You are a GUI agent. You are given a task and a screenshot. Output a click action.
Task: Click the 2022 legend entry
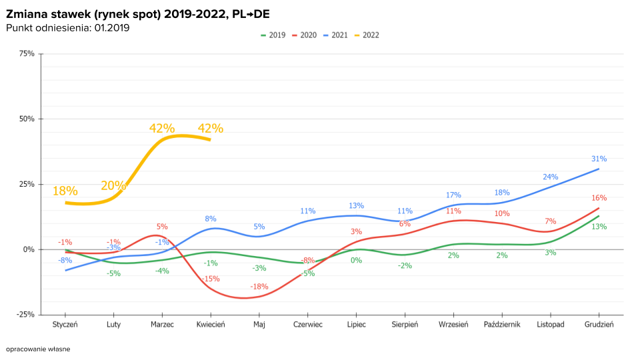tap(367, 35)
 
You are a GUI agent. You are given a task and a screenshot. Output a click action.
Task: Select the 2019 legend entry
tap(273, 35)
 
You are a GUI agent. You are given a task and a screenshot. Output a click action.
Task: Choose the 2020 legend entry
tap(304, 35)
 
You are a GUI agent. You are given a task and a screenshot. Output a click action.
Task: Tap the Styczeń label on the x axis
tap(65, 325)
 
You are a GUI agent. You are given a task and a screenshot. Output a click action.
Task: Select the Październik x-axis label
tap(502, 325)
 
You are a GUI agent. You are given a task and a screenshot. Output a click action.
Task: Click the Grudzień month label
tap(599, 325)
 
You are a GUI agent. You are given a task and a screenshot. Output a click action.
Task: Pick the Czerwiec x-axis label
tap(307, 325)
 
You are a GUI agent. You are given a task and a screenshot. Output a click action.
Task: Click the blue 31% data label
tap(599, 159)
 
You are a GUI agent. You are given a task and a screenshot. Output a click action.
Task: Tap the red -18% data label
tap(259, 287)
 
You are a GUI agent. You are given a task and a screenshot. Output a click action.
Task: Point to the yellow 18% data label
tap(65, 191)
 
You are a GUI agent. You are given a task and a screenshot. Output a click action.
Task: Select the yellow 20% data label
tap(113, 185)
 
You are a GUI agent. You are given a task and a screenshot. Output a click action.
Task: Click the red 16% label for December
tap(599, 198)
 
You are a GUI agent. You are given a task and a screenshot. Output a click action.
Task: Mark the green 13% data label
tap(599, 227)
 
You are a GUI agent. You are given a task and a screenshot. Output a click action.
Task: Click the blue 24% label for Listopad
tap(550, 177)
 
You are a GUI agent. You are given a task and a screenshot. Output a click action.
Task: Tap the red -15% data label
tap(211, 279)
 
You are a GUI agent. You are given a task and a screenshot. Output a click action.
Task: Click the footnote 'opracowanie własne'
tap(38, 349)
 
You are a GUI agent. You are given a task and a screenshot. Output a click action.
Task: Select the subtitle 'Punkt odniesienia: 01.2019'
tap(67, 27)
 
